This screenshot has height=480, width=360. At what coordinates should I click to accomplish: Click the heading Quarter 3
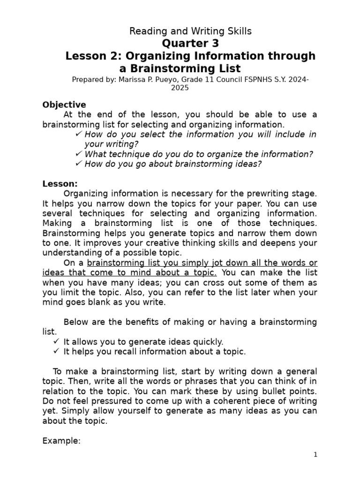pyautogui.click(x=190, y=44)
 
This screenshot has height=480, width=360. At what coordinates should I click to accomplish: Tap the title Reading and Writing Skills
pyautogui.click(x=190, y=31)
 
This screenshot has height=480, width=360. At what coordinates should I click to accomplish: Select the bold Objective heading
pyautogui.click(x=64, y=105)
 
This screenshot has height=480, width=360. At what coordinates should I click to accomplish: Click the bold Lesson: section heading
pyautogui.click(x=60, y=184)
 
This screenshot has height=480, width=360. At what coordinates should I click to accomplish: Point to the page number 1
pyautogui.click(x=316, y=454)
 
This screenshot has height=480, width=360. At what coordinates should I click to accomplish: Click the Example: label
pyautogui.click(x=61, y=441)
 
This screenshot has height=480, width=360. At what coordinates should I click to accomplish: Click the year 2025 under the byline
pyautogui.click(x=180, y=88)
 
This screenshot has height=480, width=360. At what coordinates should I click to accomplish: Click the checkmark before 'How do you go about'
pyautogui.click(x=78, y=164)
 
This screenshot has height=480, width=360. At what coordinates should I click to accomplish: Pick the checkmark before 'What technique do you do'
pyautogui.click(x=78, y=154)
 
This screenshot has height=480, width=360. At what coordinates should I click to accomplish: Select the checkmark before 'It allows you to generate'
pyautogui.click(x=56, y=342)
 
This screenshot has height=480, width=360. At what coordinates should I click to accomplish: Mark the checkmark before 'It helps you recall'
pyautogui.click(x=56, y=352)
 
